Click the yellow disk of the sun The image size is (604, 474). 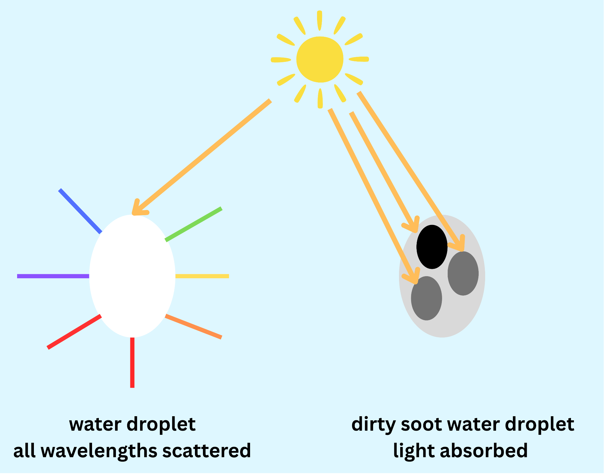click(320, 59)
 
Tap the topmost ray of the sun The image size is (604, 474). click(320, 20)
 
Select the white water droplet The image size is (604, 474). click(132, 276)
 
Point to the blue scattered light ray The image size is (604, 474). click(80, 211)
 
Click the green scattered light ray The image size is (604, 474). click(193, 224)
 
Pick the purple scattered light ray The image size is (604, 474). click(53, 276)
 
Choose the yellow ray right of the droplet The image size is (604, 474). click(202, 276)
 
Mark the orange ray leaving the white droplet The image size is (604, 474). click(193, 327)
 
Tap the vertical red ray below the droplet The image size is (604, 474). click(132, 363)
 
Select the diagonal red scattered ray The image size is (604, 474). click(74, 332)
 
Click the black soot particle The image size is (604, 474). click(432, 247)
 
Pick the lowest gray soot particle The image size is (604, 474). click(426, 298)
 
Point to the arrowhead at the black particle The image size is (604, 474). click(412, 226)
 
